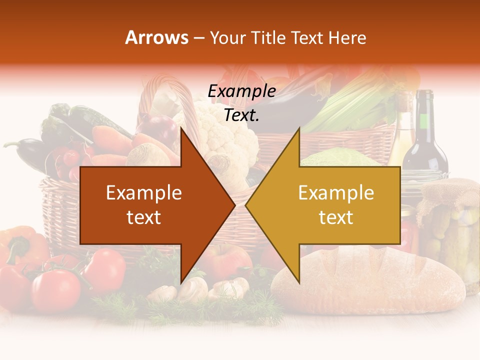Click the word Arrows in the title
[156, 37]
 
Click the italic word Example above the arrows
[241, 91]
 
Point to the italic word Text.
[241, 115]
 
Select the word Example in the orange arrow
[143, 193]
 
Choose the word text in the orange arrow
[143, 217]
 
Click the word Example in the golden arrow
[336, 193]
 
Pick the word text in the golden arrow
[336, 217]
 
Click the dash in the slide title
[198, 38]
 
